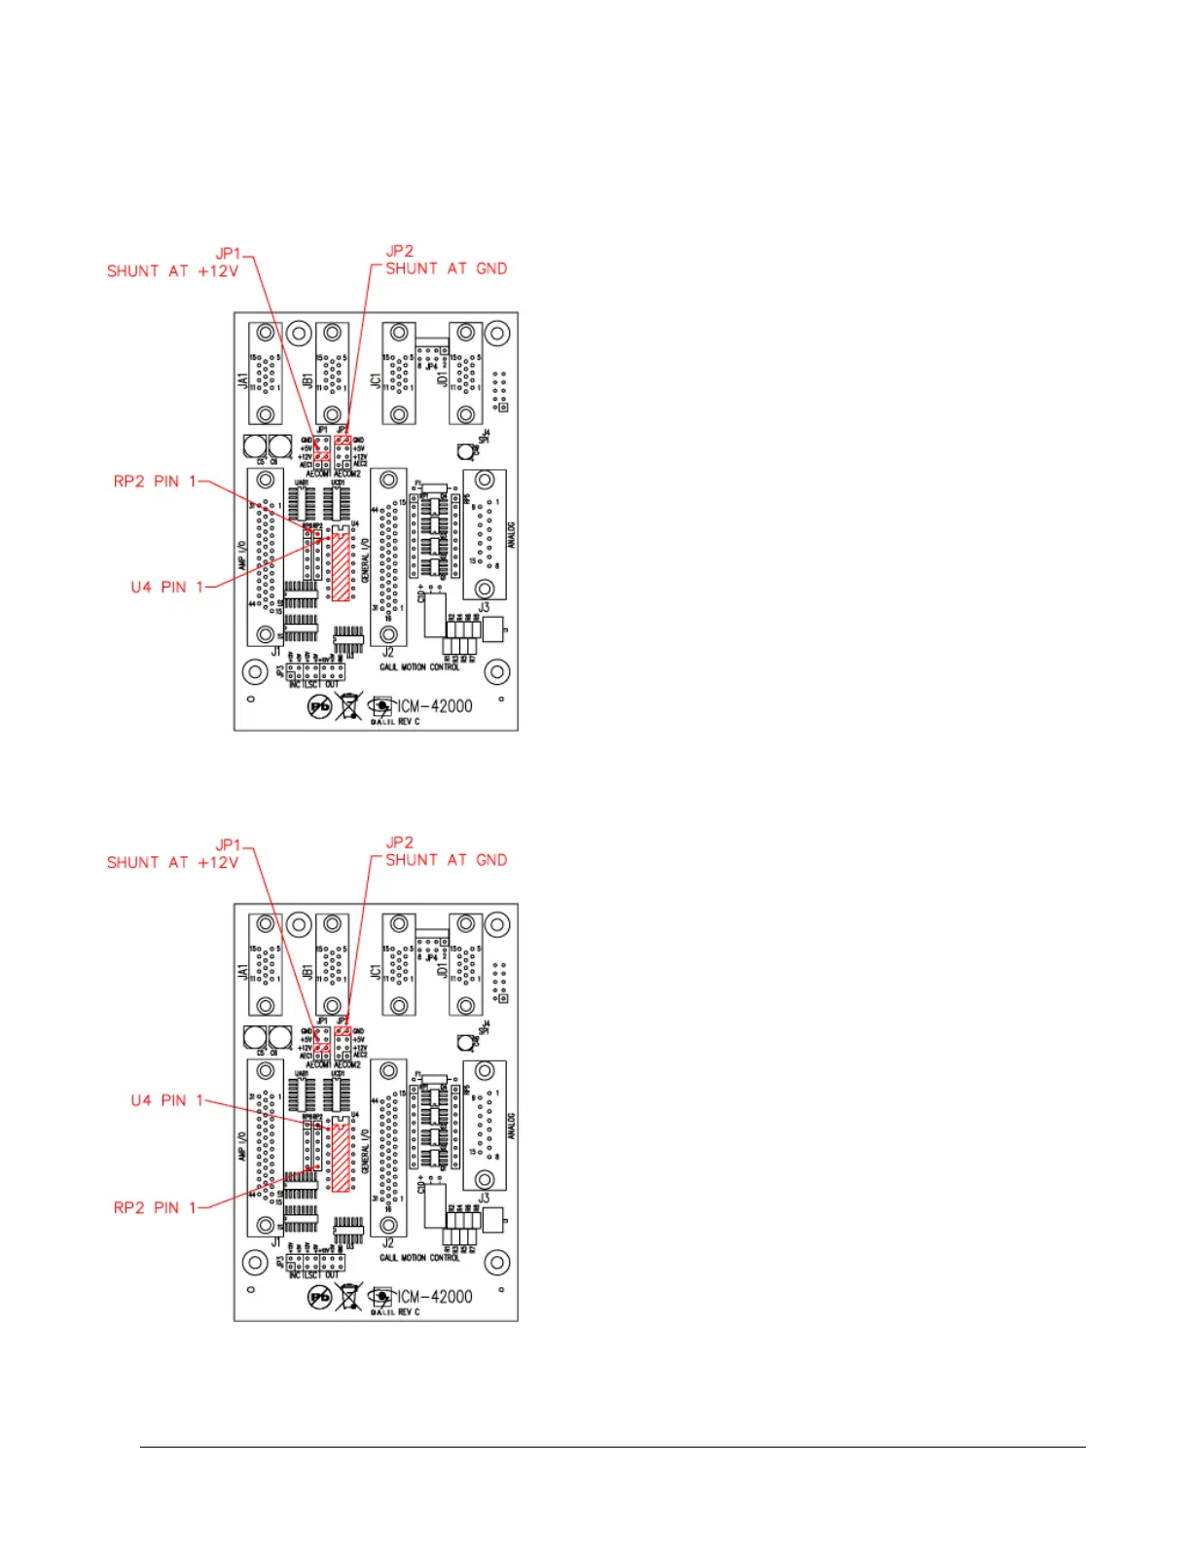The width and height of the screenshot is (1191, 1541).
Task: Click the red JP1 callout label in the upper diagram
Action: pyautogui.click(x=228, y=254)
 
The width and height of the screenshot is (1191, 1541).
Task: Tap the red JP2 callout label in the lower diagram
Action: pyautogui.click(x=400, y=842)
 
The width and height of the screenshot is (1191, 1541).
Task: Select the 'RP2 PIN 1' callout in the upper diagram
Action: pyautogui.click(x=155, y=482)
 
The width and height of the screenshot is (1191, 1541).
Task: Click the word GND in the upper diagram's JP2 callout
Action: pyautogui.click(x=491, y=269)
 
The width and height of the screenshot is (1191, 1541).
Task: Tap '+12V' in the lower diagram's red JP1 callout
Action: pyautogui.click(x=218, y=863)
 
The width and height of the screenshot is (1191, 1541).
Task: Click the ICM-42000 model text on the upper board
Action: pyautogui.click(x=435, y=706)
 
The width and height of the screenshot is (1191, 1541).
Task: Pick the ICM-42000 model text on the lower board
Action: pyautogui.click(x=435, y=1297)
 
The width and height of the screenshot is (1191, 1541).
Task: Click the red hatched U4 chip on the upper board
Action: pyautogui.click(x=340, y=565)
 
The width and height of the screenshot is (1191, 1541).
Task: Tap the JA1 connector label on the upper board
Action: pyautogui.click(x=243, y=379)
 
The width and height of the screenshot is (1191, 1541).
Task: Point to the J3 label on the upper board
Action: pyautogui.click(x=484, y=608)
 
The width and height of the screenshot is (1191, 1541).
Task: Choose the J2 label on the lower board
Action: pyautogui.click(x=388, y=1242)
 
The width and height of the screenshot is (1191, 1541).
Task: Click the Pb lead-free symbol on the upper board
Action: pyautogui.click(x=319, y=706)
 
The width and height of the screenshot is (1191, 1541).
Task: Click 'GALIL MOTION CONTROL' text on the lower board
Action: pyautogui.click(x=419, y=1258)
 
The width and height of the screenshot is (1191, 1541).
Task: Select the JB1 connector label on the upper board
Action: pyautogui.click(x=308, y=379)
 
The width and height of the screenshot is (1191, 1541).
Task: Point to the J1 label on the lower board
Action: pyautogui.click(x=275, y=1242)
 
